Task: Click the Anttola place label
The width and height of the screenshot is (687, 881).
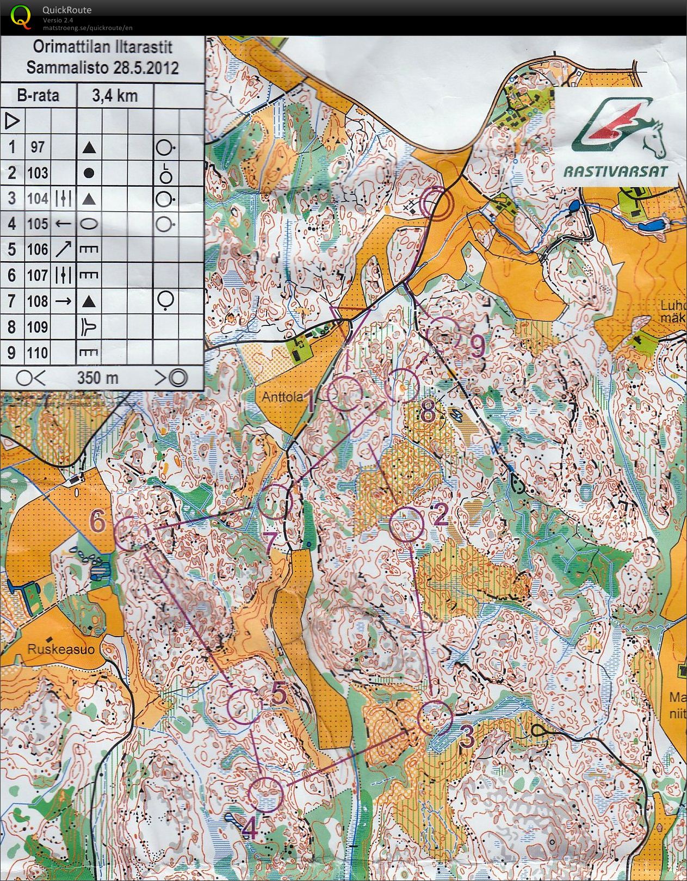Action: (x=282, y=397)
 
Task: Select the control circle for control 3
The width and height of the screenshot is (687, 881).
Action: (x=435, y=718)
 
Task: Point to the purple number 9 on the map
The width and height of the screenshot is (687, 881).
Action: (x=478, y=346)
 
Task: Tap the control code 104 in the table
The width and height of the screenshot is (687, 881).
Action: (x=38, y=199)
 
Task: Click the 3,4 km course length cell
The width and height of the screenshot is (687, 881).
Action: (x=114, y=96)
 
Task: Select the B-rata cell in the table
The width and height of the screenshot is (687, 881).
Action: (x=38, y=96)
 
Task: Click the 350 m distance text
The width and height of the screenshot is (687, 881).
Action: (x=97, y=378)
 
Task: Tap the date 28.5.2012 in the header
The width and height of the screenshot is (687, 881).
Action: (x=146, y=68)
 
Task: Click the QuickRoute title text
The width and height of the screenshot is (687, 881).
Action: (x=66, y=10)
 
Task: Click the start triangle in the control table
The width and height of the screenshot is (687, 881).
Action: (x=13, y=121)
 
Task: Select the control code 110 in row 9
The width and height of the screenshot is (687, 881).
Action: (x=38, y=353)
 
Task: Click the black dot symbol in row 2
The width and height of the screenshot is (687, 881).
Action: (x=90, y=173)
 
